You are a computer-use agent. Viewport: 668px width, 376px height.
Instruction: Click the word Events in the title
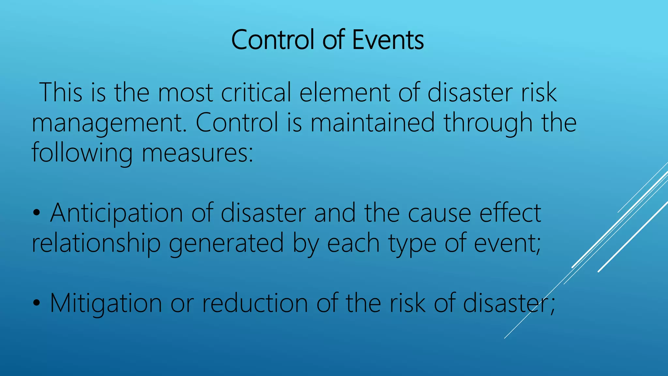coord(388,40)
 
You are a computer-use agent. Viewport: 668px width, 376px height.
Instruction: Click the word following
coord(82,153)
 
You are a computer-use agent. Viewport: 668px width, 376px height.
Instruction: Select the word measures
coord(197,153)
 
